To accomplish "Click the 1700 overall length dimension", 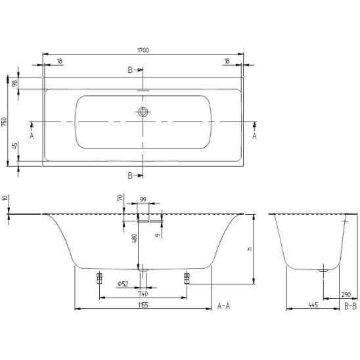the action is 143,50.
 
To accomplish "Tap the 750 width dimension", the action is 5,122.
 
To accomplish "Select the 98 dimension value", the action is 14,83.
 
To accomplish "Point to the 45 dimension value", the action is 14,146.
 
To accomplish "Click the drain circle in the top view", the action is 143,112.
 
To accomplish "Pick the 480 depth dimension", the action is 135,238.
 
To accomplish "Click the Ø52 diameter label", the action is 123,284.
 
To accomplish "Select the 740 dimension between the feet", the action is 143,294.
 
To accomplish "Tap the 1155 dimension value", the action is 143,305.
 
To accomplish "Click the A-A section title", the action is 223,306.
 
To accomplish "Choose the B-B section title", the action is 351,306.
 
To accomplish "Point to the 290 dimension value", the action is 346,294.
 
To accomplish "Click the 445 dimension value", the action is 313,305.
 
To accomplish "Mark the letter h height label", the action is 250,248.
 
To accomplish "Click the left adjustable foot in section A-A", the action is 99,279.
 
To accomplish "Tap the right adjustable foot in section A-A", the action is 187,279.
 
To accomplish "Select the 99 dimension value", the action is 143,200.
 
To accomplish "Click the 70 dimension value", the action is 120,198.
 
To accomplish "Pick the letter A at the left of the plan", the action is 32,136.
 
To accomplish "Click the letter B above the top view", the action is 130,70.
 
